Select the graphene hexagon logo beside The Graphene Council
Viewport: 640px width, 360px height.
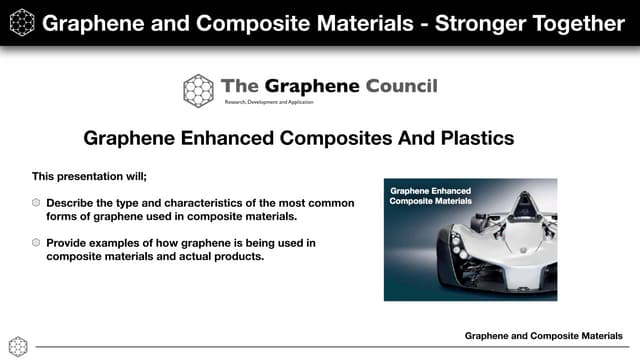point(199,90)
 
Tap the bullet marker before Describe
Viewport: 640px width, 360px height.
point(36,203)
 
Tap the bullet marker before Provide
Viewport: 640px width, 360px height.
point(36,243)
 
